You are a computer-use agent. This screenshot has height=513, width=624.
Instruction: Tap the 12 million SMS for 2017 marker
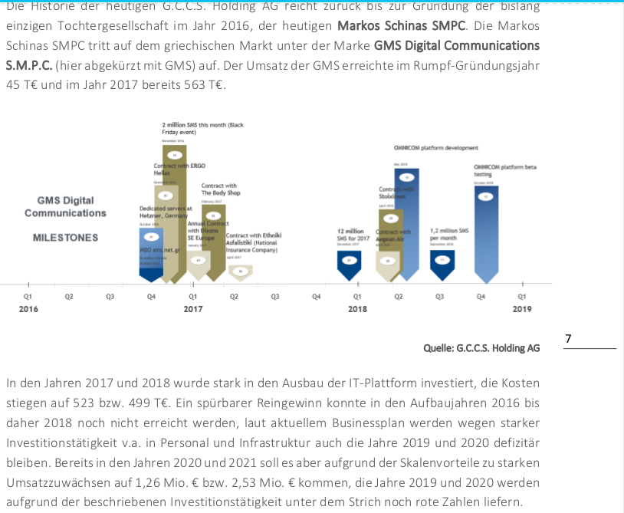coord(350,261)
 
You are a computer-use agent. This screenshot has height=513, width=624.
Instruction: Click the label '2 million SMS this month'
coord(202,127)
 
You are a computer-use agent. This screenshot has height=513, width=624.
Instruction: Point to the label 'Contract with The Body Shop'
coord(221,189)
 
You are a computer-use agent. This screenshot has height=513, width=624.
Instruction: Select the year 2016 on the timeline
coord(28,308)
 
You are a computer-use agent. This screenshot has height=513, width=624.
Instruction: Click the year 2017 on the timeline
coord(192,308)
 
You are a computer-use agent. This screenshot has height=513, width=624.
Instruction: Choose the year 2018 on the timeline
coord(357,308)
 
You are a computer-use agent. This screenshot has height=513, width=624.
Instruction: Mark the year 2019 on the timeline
coord(522,308)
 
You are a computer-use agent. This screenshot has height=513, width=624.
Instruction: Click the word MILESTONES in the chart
coord(65,238)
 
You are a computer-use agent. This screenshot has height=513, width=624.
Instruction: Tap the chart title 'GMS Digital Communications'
coord(65,207)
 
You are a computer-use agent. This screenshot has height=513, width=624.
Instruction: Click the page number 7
coord(567,338)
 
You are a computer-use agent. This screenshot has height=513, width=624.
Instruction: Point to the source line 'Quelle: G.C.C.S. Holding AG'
coord(481,348)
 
